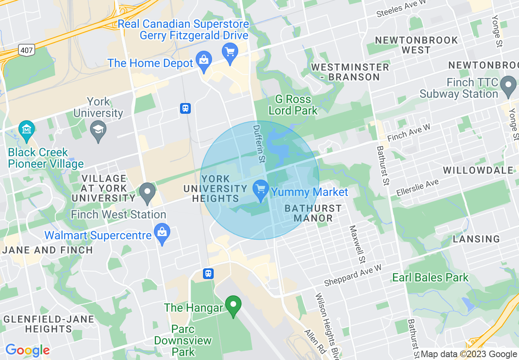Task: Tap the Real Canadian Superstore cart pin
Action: pyautogui.click(x=230, y=52)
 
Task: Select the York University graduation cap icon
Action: pyautogui.click(x=98, y=130)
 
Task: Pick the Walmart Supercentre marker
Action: pyautogui.click(x=162, y=233)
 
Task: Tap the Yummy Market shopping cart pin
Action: pyautogui.click(x=261, y=190)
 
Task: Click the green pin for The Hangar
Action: pyautogui.click(x=233, y=305)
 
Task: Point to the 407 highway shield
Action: pyautogui.click(x=26, y=50)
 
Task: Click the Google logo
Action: pyautogui.click(x=27, y=351)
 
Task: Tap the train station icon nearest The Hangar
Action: pyautogui.click(x=208, y=274)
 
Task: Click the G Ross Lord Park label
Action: pyautogui.click(x=293, y=105)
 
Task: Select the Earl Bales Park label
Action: pyautogui.click(x=430, y=277)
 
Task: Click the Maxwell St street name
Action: pyautogui.click(x=357, y=244)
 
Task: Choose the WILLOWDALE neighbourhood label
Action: pyautogui.click(x=478, y=170)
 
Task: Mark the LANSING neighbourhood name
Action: pyautogui.click(x=476, y=239)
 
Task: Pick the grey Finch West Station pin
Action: pyautogui.click(x=147, y=193)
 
